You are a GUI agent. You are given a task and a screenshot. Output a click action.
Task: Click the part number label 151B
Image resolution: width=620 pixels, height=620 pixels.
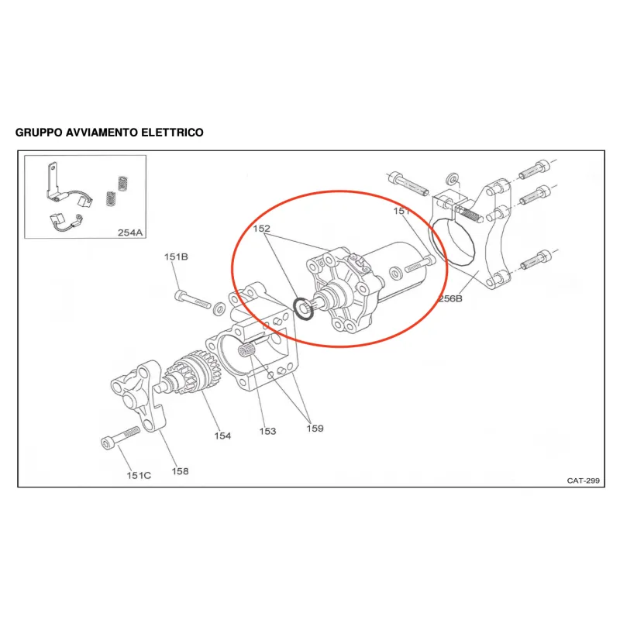[x=176, y=257]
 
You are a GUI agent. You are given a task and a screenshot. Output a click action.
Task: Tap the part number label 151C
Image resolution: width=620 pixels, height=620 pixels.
[x=139, y=475]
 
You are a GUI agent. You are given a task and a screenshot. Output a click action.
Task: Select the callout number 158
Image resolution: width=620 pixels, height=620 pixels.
[x=180, y=471]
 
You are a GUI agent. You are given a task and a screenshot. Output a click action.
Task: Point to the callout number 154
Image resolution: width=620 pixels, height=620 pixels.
[x=222, y=436]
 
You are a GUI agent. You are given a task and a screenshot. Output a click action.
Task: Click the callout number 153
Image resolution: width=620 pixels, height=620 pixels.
[x=267, y=431]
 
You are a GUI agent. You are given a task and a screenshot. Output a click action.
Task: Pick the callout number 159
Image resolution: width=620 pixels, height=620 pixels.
[x=315, y=429]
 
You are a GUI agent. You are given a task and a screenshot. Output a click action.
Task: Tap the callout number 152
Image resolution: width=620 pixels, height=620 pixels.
[x=261, y=229]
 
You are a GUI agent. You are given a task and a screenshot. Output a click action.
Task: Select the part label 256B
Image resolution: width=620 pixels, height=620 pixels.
[x=450, y=298]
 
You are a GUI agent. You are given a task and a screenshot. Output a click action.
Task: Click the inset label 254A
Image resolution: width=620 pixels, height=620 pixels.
[x=130, y=232]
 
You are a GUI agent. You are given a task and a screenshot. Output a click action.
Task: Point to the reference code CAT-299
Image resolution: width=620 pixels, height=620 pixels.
[x=584, y=480]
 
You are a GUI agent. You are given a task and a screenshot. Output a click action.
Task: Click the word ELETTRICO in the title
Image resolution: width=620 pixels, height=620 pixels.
[x=172, y=133]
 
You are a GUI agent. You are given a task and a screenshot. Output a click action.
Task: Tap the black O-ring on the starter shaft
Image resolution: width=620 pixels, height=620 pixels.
[x=304, y=308]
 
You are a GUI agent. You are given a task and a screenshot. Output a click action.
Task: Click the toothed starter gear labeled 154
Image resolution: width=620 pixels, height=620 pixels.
[x=194, y=373]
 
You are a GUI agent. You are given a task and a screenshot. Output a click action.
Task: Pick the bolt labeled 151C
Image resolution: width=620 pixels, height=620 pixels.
[x=120, y=437]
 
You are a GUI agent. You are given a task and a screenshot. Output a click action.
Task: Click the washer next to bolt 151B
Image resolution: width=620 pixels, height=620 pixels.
[x=219, y=308]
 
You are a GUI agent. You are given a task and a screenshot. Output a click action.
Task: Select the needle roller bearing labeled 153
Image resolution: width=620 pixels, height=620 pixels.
[x=246, y=351]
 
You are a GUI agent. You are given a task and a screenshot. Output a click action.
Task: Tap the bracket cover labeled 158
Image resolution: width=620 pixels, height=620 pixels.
[x=138, y=395]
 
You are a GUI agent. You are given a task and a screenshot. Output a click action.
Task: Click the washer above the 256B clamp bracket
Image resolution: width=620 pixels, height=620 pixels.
[x=452, y=179]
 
